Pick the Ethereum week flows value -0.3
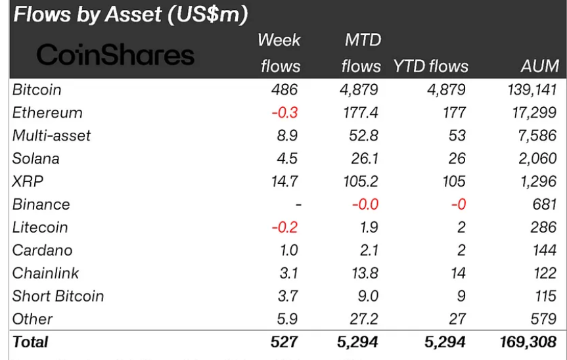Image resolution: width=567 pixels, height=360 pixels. [x=286, y=112]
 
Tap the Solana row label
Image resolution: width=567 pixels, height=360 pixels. [x=35, y=158]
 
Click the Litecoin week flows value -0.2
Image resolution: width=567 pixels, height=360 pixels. [x=286, y=227]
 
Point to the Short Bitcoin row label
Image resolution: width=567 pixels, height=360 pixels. [x=58, y=296]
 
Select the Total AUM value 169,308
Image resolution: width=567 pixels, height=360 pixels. [x=529, y=342]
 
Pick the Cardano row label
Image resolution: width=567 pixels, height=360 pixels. [x=42, y=250]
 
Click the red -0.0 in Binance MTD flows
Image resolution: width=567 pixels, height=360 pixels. [x=365, y=204]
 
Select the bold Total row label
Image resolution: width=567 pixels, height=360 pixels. [x=30, y=342]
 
